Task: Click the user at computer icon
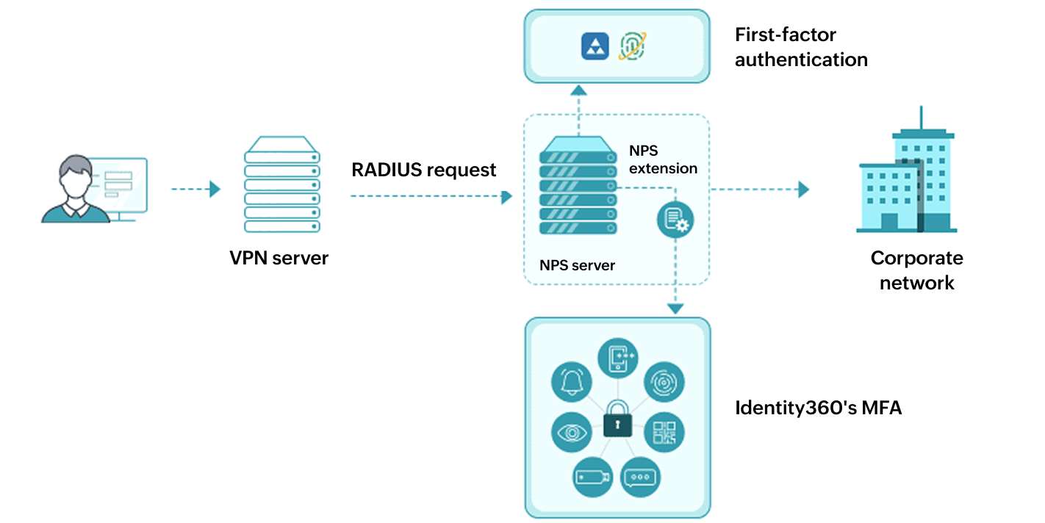[x=94, y=189]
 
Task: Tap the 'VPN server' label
[x=279, y=258]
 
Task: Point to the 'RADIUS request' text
[x=424, y=170]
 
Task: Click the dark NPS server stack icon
[x=578, y=187]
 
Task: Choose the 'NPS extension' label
[x=663, y=159]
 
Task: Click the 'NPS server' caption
[x=577, y=265]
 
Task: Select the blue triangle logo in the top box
[x=595, y=46]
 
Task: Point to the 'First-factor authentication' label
[x=801, y=47]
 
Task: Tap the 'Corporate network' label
[x=916, y=270]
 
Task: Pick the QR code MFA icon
[x=664, y=433]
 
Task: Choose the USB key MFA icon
[x=592, y=477]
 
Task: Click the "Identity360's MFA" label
[x=818, y=408]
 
